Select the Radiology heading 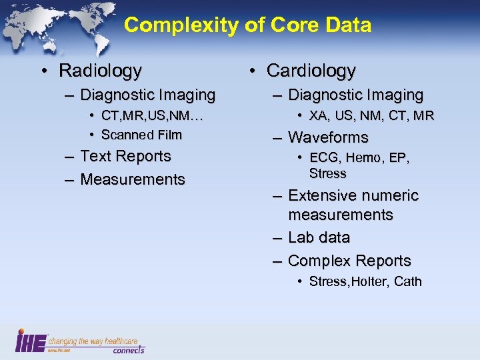[x=101, y=70]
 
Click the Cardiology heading [x=311, y=70]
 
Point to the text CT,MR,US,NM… [x=152, y=117]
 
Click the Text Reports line [x=125, y=157]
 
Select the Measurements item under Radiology [x=132, y=179]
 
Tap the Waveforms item [x=328, y=137]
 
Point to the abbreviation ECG [x=323, y=158]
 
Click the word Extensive [x=321, y=196]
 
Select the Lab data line [x=319, y=238]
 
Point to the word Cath [x=408, y=281]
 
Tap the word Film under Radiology [x=170, y=135]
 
